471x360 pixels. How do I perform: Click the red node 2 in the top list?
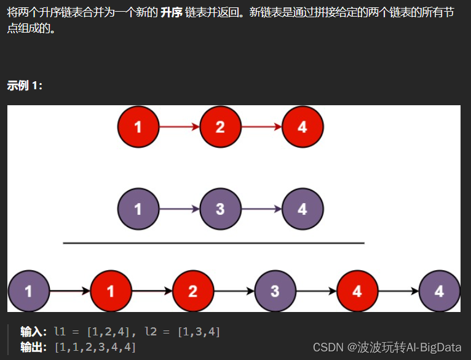point(220,127)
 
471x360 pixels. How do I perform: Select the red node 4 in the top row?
point(302,127)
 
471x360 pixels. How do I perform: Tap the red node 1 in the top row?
point(138,127)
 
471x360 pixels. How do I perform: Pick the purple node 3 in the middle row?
point(220,209)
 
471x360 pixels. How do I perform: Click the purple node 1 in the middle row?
point(138,209)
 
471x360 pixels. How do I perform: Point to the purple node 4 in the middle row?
point(302,209)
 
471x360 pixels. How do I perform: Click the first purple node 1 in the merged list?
point(28,290)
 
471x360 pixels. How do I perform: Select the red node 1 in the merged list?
point(111,290)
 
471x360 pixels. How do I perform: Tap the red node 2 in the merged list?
point(193,290)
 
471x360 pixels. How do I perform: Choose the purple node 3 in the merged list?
point(275,290)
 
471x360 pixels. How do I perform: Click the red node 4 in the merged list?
point(357,290)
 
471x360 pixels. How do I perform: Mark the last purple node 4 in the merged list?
point(439,290)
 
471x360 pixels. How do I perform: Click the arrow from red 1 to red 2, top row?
point(179,127)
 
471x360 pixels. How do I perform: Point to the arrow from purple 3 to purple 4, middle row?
point(261,209)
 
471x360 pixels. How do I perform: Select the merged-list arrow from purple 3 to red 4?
point(316,290)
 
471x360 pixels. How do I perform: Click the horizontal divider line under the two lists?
point(213,243)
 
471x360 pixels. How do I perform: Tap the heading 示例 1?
point(25,86)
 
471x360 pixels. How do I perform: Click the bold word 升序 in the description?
point(173,13)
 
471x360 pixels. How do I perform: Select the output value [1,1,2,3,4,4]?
point(95,347)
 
